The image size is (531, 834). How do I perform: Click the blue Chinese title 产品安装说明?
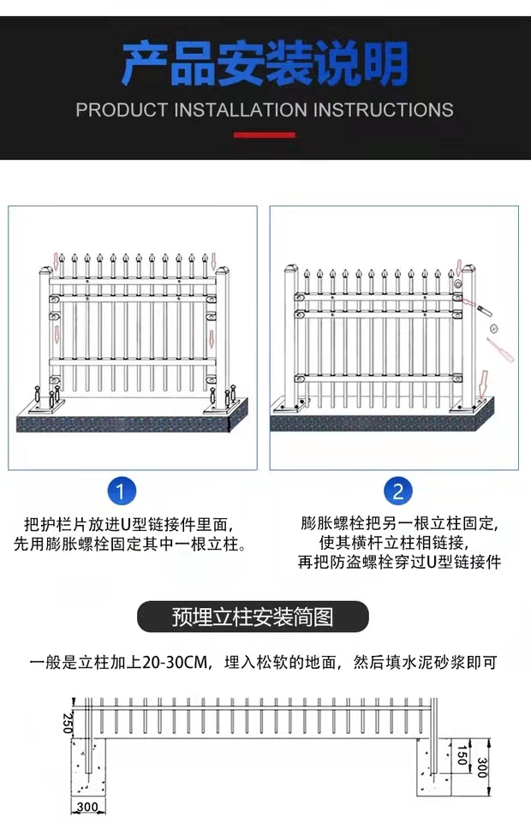[265, 64]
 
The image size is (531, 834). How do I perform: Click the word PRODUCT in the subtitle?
[122, 110]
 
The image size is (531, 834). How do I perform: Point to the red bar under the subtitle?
[265, 135]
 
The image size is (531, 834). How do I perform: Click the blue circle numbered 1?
[122, 491]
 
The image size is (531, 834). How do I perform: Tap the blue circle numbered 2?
[398, 491]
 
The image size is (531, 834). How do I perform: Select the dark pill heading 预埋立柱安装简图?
[253, 617]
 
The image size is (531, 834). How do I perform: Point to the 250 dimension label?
[68, 724]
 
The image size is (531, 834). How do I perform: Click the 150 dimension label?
[462, 755]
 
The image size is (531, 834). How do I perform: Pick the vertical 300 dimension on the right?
[482, 767]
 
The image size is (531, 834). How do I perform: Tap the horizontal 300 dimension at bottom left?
[88, 807]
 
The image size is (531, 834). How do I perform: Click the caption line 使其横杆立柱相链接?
[394, 543]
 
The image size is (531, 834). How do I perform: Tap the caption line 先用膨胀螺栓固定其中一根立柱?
[130, 545]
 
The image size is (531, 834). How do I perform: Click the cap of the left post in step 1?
[46, 270]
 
